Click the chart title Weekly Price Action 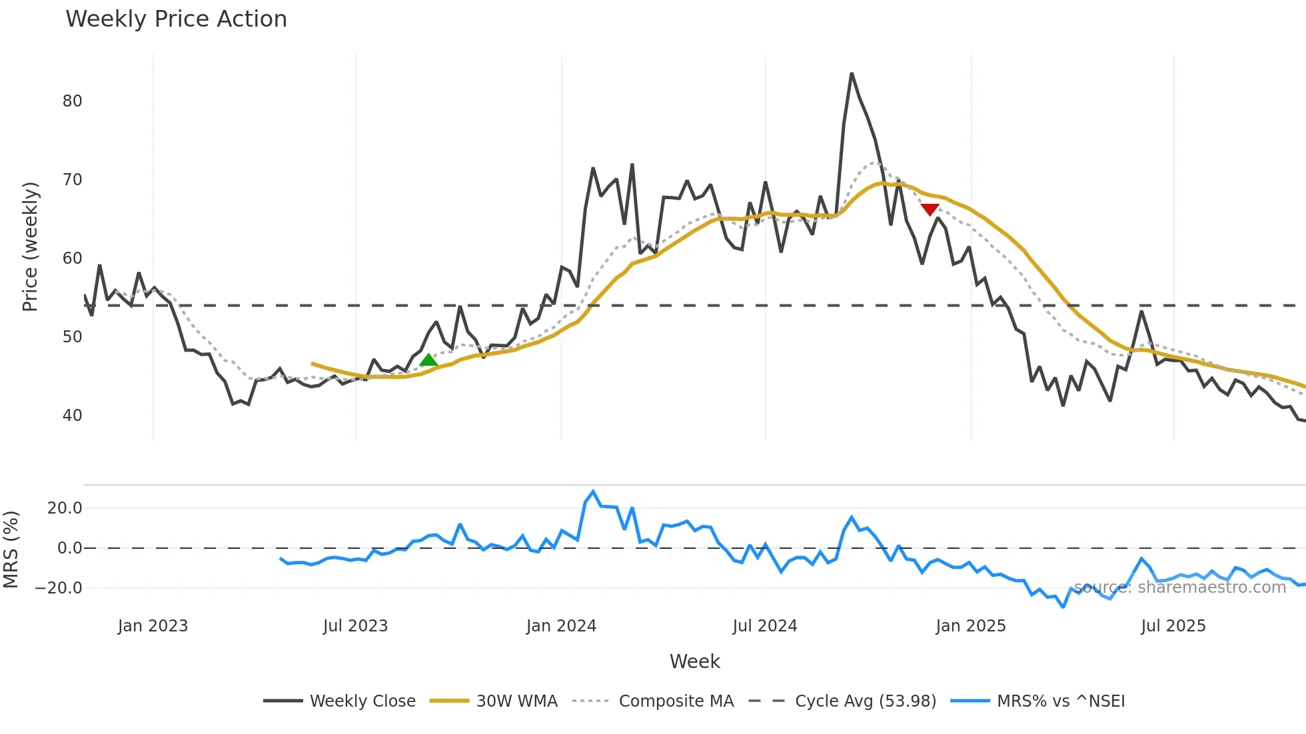[176, 19]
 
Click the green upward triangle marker [428, 361]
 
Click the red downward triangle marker [930, 209]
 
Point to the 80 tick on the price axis [72, 101]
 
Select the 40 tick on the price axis [72, 416]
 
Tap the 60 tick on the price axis [72, 258]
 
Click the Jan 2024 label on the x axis [561, 626]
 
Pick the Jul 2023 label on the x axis [355, 626]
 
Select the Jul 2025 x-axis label [1173, 626]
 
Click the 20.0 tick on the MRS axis [65, 508]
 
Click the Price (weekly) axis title [30, 246]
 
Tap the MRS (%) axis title [11, 550]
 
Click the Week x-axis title [694, 661]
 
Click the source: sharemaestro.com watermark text [1179, 587]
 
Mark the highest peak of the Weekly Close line [852, 74]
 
